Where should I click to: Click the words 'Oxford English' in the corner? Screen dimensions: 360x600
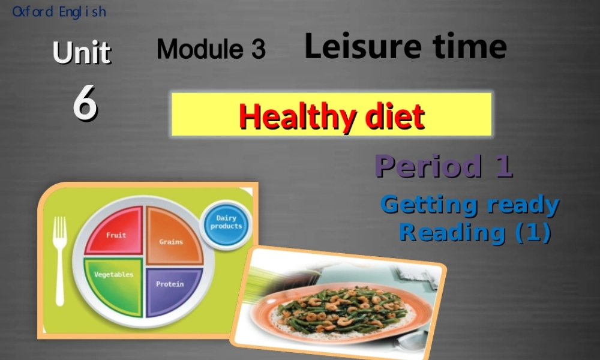[59, 11]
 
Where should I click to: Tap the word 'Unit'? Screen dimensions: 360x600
[81, 53]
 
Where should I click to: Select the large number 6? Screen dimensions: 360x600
[85, 103]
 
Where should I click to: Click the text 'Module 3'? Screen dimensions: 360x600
[211, 49]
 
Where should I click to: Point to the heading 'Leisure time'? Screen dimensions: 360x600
[405, 46]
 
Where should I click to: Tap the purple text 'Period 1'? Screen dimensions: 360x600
[444, 166]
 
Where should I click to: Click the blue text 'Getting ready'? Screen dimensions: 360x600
[470, 205]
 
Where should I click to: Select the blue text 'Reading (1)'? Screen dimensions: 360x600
[475, 232]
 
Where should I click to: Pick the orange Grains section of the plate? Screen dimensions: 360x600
[173, 237]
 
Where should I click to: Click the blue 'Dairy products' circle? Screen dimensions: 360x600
[226, 223]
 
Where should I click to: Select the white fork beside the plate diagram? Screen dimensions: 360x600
[59, 258]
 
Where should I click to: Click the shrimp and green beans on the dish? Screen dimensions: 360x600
[339, 308]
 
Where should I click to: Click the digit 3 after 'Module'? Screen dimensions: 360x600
[258, 49]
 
